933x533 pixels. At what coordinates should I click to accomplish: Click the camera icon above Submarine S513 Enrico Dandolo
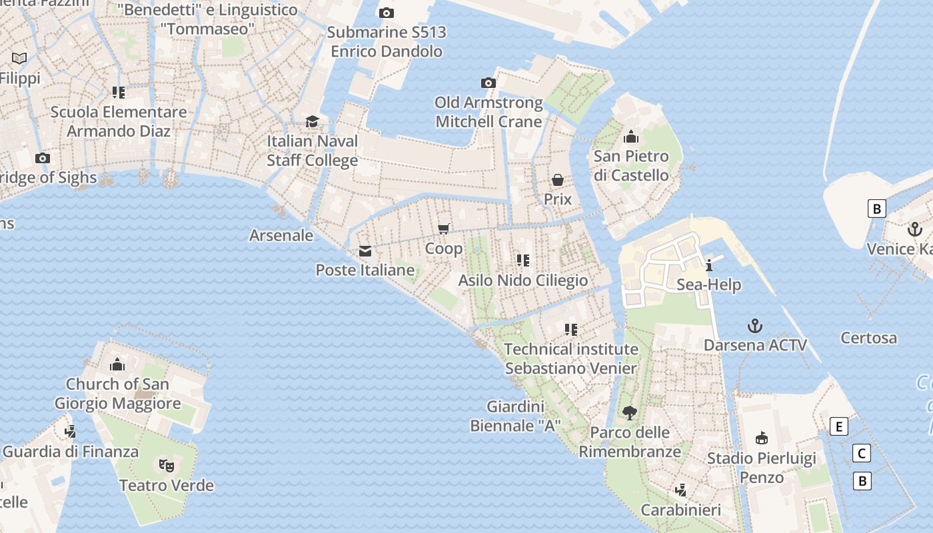[386, 13]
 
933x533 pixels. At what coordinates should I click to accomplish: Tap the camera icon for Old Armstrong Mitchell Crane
[488, 83]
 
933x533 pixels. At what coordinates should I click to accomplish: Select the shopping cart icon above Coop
[444, 229]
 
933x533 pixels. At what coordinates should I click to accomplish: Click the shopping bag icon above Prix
[558, 180]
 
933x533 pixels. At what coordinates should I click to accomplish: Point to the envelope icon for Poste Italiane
[365, 251]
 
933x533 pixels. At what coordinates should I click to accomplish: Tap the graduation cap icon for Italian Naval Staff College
[312, 121]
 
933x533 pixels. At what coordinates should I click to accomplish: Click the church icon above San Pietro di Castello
[631, 137]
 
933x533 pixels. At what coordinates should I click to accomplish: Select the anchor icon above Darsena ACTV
[754, 326]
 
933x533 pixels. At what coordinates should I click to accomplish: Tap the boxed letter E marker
[839, 426]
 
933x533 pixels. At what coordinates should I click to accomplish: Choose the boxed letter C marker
[862, 454]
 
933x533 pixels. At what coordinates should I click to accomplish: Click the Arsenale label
[281, 235]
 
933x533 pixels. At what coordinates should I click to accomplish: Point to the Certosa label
[868, 338]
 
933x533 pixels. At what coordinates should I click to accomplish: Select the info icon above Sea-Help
[709, 265]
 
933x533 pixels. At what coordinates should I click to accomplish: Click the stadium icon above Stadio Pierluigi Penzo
[761, 438]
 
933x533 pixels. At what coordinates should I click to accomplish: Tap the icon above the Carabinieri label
[680, 490]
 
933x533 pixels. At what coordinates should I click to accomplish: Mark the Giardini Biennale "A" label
[515, 416]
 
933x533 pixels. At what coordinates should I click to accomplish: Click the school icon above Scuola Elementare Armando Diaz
[119, 93]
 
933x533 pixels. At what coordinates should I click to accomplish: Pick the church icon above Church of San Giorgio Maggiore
[117, 364]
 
